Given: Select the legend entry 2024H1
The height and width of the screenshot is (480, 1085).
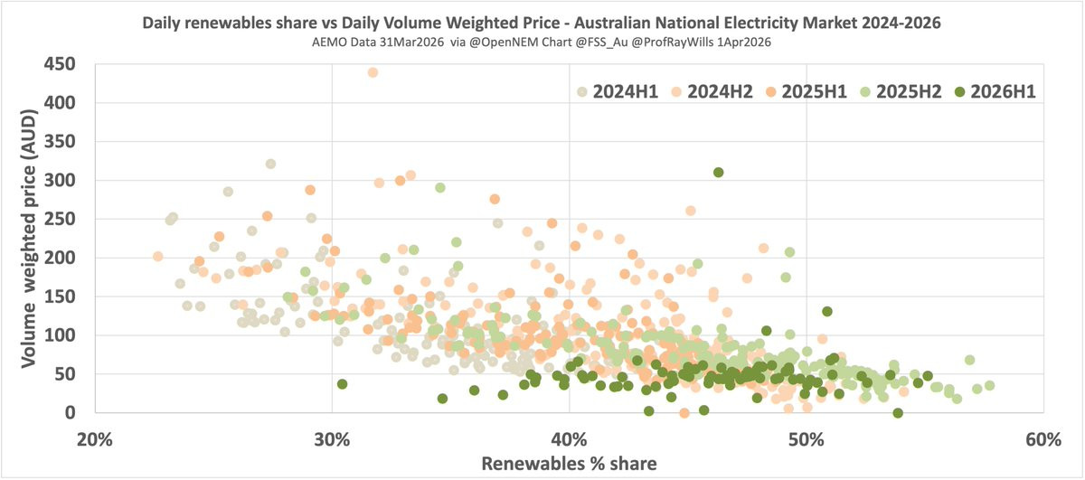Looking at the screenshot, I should pos(623,91).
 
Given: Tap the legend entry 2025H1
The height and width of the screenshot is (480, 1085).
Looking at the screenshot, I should pos(820,91).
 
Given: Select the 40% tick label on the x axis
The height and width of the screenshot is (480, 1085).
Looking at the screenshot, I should pos(570,439).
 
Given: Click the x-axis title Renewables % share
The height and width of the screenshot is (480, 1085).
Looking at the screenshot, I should pos(570,463).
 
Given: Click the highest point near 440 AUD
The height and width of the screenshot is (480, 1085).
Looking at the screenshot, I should pos(373,72).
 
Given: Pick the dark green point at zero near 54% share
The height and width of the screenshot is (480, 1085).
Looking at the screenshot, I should pos(898,412).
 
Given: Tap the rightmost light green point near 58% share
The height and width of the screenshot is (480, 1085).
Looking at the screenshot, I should pos(989,386).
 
